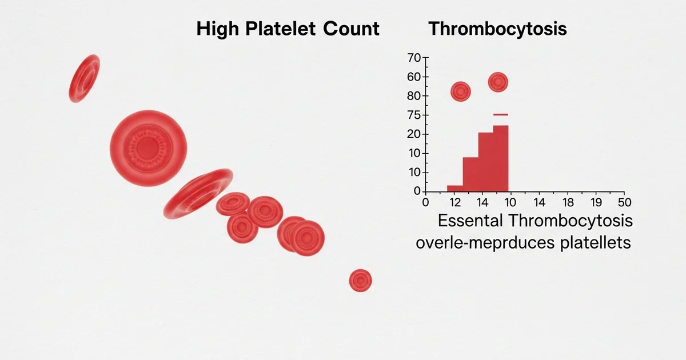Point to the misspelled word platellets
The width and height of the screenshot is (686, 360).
pyautogui.click(x=595, y=242)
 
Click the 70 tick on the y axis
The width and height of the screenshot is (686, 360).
pyautogui.click(x=414, y=58)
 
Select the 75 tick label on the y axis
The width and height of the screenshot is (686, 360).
pyautogui.click(x=414, y=115)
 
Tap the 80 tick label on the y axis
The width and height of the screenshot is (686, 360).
pyautogui.click(x=414, y=96)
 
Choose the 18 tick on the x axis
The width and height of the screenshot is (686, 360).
pyautogui.click(x=567, y=202)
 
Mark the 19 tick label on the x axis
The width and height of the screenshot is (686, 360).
pyautogui.click(x=596, y=202)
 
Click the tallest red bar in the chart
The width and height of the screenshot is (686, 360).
pyautogui.click(x=501, y=159)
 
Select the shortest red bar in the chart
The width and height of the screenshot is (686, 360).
pyautogui.click(x=455, y=188)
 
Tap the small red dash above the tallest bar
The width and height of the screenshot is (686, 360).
pyautogui.click(x=501, y=115)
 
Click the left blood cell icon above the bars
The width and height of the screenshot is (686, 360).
pyautogui.click(x=461, y=91)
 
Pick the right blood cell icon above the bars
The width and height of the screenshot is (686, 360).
pyautogui.click(x=498, y=82)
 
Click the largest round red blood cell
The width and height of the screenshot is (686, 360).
pyautogui.click(x=149, y=148)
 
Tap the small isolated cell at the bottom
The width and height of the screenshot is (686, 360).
pyautogui.click(x=360, y=280)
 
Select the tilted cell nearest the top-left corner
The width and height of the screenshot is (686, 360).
pyautogui.click(x=84, y=78)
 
